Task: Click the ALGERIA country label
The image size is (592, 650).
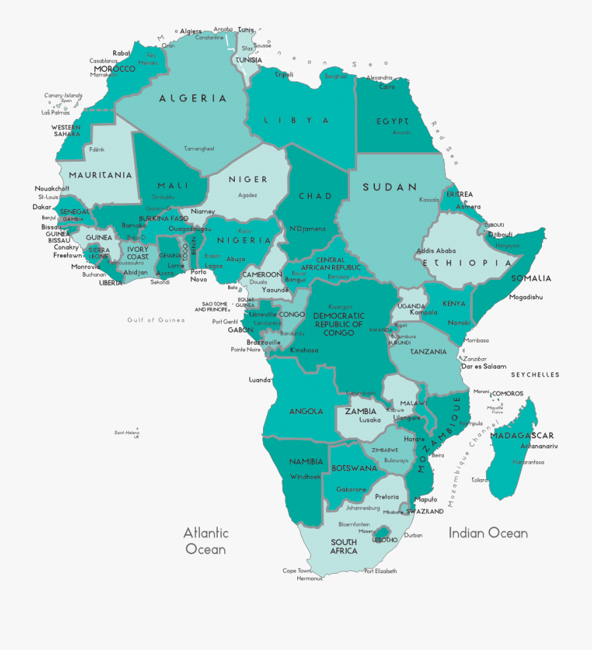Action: pyautogui.click(x=193, y=99)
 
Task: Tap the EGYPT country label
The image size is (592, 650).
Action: pyautogui.click(x=392, y=122)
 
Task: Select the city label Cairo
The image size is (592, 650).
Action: pyautogui.click(x=387, y=87)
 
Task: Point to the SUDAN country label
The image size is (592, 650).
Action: pyautogui.click(x=390, y=187)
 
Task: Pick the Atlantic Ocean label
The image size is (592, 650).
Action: pyautogui.click(x=205, y=540)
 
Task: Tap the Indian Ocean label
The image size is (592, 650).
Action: pyautogui.click(x=488, y=533)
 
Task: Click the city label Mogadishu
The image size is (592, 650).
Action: pyautogui.click(x=526, y=297)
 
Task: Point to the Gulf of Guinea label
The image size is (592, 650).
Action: pyautogui.click(x=156, y=320)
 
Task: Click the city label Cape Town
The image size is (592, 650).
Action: pyautogui.click(x=296, y=570)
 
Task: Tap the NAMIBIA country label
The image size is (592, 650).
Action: pyautogui.click(x=306, y=462)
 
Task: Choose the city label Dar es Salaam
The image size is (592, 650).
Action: pyautogui.click(x=484, y=366)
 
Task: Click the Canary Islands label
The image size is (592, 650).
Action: pyautogui.click(x=63, y=95)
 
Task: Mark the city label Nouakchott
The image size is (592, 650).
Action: pyautogui.click(x=52, y=189)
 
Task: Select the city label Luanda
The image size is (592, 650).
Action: pyautogui.click(x=260, y=380)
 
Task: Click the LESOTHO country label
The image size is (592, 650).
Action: pyautogui.click(x=385, y=540)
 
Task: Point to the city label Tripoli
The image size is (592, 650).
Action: pyautogui.click(x=284, y=75)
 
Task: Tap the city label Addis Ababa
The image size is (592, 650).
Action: pyautogui.click(x=435, y=250)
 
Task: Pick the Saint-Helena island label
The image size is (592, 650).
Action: pyautogui.click(x=127, y=433)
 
